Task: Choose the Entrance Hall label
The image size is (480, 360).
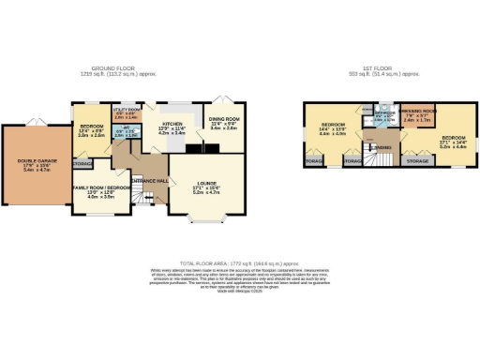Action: [x=150, y=179]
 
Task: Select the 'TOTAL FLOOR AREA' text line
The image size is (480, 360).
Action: [x=240, y=264]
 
